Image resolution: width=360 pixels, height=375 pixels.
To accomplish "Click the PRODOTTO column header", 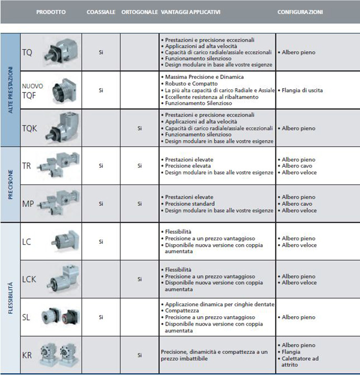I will point(51,11).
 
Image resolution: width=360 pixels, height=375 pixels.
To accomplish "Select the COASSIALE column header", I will point(101,11).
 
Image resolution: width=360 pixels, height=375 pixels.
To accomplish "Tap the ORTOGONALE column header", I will point(139,11).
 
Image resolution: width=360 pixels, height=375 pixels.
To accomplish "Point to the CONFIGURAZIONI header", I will point(300,11).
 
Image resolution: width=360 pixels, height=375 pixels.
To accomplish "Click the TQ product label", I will point(27,53).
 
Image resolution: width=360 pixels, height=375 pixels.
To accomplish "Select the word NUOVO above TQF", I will point(32,86).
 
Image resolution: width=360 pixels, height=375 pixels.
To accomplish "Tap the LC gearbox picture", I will point(63,241).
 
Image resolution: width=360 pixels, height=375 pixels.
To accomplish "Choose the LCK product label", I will point(29,279).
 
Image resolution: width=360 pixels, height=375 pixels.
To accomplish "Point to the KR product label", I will point(27,355).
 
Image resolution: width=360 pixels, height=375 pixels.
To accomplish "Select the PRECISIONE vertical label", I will point(10,184).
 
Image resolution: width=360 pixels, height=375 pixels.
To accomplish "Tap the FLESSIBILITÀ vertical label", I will point(10,297).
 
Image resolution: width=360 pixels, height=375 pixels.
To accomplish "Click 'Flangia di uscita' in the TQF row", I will point(302,90).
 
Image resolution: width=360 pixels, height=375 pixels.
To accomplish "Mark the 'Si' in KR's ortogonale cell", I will point(139,355).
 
